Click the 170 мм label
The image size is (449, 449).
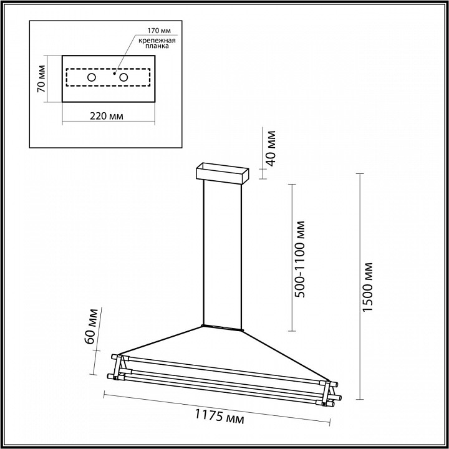click(159, 31)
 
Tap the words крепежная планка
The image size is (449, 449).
click(157, 43)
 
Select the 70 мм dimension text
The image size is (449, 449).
click(41, 79)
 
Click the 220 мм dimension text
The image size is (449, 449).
click(107, 116)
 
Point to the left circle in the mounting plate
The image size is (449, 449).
click(92, 77)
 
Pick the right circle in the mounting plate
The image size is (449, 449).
click(123, 77)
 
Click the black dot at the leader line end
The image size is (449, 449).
click(114, 74)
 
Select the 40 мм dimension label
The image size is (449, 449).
click(271, 148)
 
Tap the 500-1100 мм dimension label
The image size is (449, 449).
click(300, 259)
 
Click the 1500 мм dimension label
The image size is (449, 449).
click(368, 287)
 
